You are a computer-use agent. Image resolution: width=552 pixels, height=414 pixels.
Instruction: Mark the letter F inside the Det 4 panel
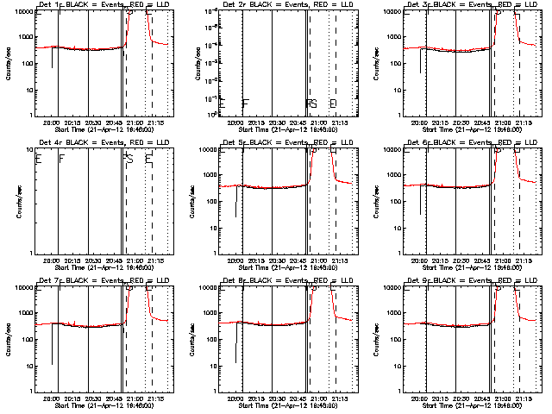(x=60, y=159)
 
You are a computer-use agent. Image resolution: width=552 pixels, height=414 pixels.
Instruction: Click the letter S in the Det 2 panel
(x=313, y=103)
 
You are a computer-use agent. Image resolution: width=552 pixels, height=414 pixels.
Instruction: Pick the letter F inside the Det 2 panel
(x=246, y=103)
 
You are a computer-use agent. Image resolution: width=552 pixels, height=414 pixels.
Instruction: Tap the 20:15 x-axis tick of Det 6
(x=442, y=261)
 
